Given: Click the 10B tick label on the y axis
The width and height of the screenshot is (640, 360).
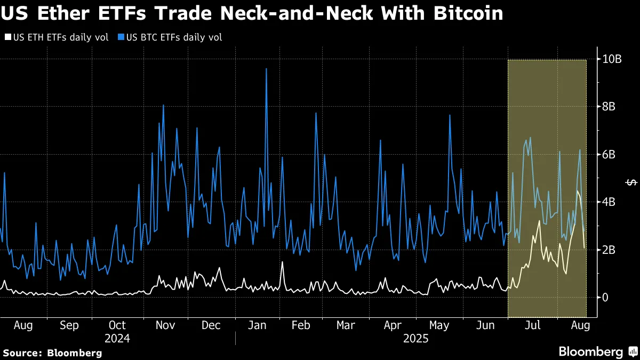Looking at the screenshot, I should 612,59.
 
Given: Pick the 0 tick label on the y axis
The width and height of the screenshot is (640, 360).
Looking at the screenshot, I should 605,297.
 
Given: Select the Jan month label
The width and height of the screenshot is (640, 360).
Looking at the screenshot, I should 258,325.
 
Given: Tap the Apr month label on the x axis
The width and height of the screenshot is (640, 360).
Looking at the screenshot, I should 393,325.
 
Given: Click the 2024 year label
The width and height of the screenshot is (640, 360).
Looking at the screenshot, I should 117,338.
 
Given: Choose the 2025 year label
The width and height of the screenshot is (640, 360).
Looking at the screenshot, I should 416,338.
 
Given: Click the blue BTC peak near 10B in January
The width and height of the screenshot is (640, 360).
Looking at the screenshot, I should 266,69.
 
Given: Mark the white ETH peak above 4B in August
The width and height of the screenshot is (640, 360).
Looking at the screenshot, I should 578,191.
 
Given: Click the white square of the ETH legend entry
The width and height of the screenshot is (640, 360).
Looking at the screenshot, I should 7,37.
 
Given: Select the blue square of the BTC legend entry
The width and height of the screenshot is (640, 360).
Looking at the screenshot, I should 121,37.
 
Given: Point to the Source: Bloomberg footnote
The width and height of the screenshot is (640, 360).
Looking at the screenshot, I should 52,353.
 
